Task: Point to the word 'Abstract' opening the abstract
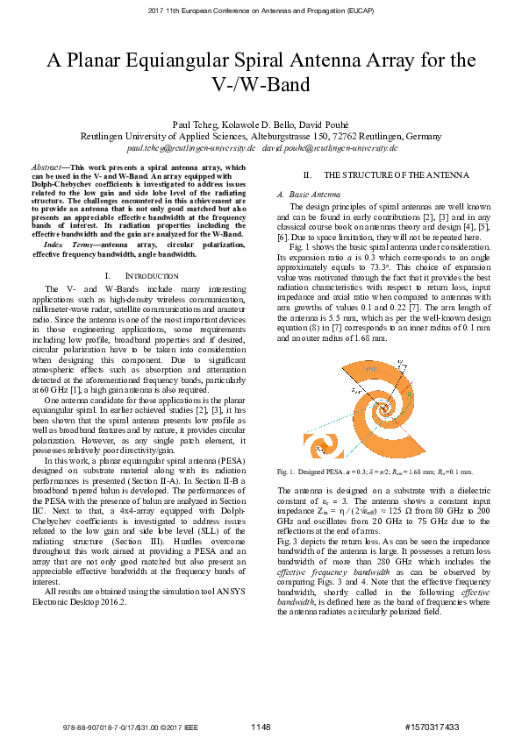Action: tap(46, 166)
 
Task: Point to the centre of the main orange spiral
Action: tap(383, 408)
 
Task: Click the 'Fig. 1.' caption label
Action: tap(287, 472)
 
